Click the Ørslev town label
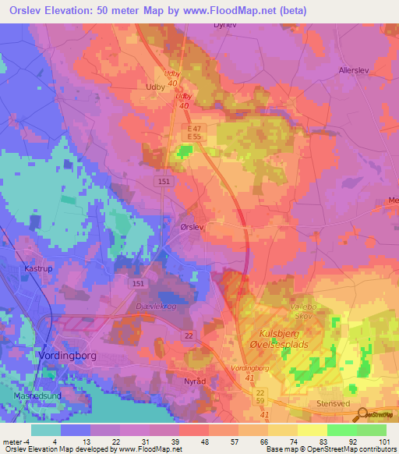pos(191,226)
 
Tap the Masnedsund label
pos(31,395)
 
